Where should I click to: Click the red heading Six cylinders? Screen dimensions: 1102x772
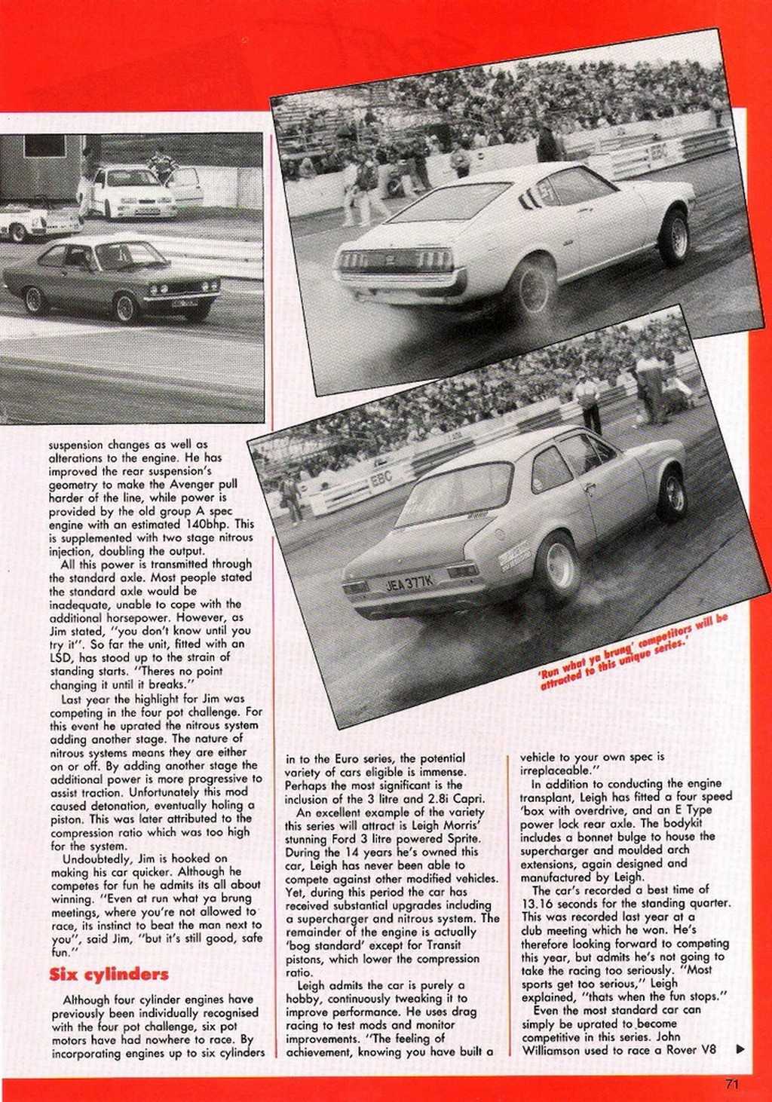pyautogui.click(x=109, y=975)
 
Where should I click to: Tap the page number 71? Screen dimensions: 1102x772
pyautogui.click(x=731, y=1085)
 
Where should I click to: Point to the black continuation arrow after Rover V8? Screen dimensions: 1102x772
pyautogui.click(x=740, y=1048)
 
